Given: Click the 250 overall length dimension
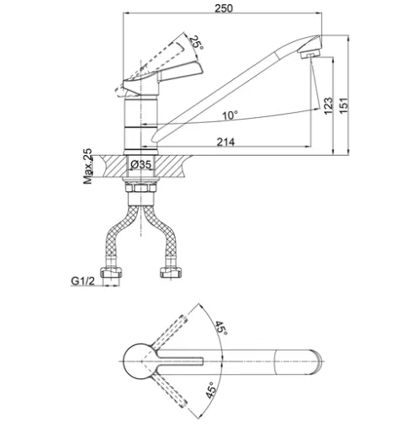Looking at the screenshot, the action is [x=224, y=8].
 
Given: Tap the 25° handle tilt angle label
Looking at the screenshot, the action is [x=196, y=43].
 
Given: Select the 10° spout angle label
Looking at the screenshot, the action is [x=230, y=115].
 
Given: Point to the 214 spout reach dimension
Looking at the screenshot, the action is [x=225, y=142].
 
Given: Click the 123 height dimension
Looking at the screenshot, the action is [x=328, y=106].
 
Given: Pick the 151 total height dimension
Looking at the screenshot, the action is [x=344, y=105].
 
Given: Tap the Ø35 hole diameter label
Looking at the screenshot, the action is [x=141, y=164].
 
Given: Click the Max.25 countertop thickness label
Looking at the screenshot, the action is [x=87, y=166].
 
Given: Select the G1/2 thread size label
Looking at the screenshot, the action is [x=83, y=281].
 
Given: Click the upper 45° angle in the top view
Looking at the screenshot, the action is [x=221, y=328].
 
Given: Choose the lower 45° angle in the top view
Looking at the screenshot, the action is [x=211, y=390].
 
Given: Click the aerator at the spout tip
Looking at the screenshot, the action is [x=310, y=54].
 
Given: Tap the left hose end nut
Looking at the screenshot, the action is [x=111, y=272].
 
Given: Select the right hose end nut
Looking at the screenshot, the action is [x=171, y=272].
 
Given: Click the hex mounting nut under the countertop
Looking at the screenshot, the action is [x=140, y=188].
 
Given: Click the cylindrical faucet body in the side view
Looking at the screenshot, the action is [x=141, y=124].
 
